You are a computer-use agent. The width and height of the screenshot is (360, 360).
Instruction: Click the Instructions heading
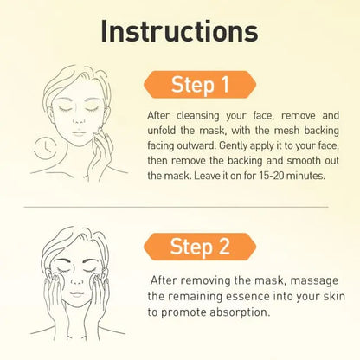[179, 31]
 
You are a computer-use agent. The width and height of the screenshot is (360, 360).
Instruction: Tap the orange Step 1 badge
[200, 85]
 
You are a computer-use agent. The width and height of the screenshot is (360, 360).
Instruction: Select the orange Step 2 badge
[200, 247]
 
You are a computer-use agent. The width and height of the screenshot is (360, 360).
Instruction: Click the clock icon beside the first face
[45, 149]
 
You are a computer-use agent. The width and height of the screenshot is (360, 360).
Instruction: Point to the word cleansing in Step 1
[198, 116]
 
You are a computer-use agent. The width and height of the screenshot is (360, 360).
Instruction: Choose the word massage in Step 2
[314, 280]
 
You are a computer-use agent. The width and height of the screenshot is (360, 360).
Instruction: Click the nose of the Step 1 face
[78, 119]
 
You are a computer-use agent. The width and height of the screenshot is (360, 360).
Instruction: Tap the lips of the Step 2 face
[77, 294]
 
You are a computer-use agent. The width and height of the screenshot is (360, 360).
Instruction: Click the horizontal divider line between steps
[177, 207]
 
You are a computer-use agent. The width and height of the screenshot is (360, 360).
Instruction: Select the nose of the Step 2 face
[77, 279]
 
